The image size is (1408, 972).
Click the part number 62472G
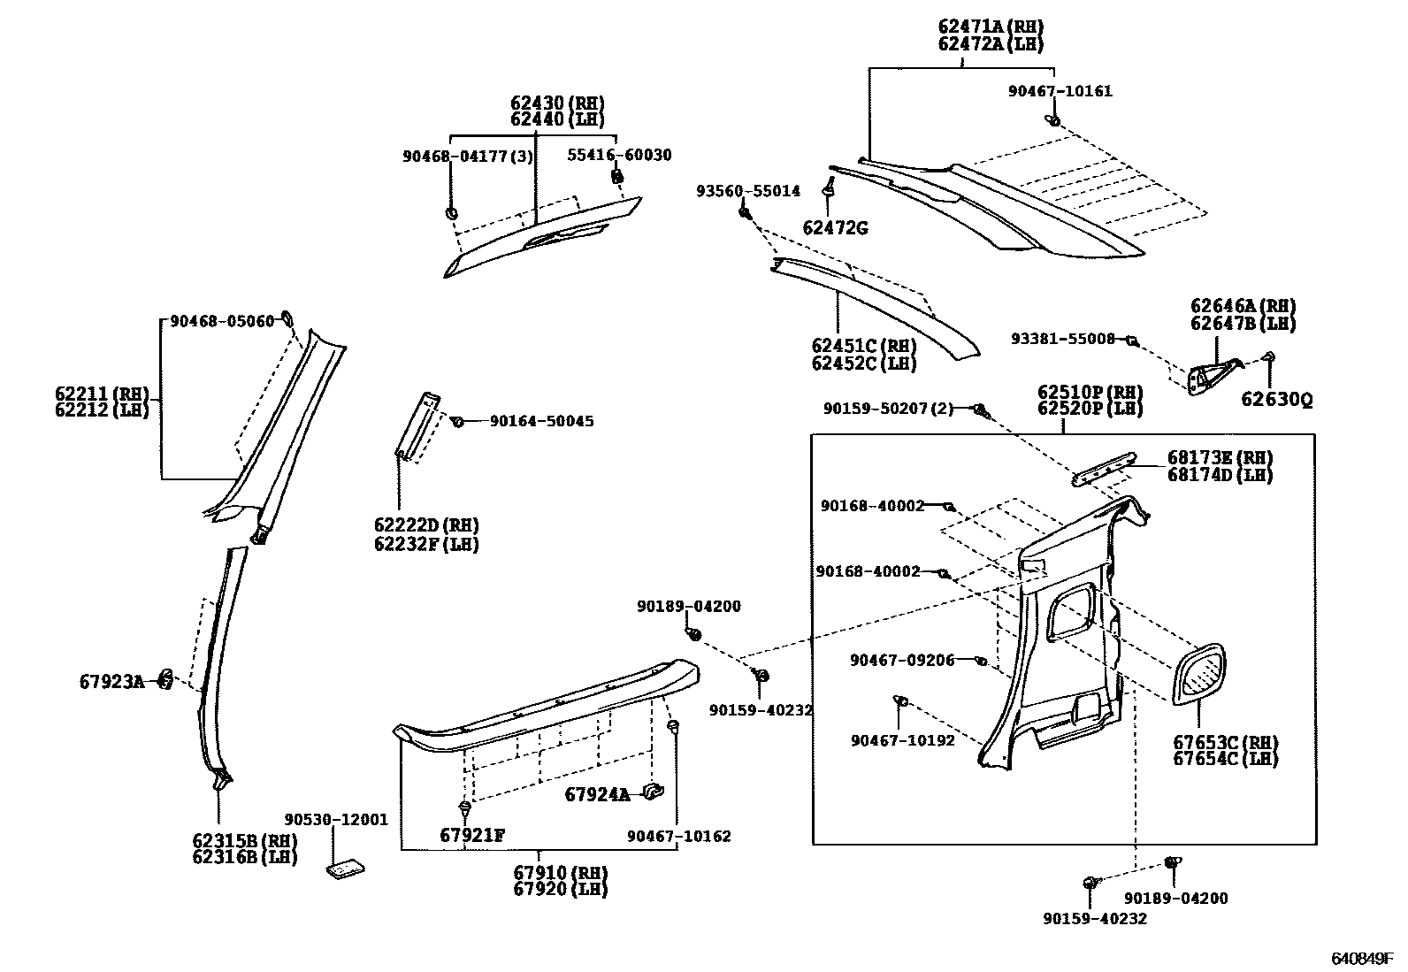click(x=834, y=228)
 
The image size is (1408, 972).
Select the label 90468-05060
click(x=222, y=322)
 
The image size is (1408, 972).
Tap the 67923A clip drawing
click(x=165, y=679)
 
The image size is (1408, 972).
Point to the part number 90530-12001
click(x=336, y=820)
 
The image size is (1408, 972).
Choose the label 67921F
click(x=472, y=836)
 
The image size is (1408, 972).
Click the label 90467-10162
click(x=679, y=836)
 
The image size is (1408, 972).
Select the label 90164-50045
click(x=541, y=421)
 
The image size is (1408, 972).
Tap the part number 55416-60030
click(x=619, y=155)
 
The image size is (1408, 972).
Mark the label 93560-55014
click(x=747, y=190)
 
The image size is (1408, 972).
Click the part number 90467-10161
click(x=1060, y=90)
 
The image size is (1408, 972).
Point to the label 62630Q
click(x=1276, y=399)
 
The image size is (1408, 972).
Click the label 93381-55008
click(x=1064, y=338)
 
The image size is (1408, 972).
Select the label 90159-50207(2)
click(x=888, y=409)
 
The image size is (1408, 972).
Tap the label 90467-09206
click(x=902, y=660)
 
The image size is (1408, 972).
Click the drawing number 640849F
click(x=1365, y=959)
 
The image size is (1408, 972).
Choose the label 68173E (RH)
click(x=1220, y=457)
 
